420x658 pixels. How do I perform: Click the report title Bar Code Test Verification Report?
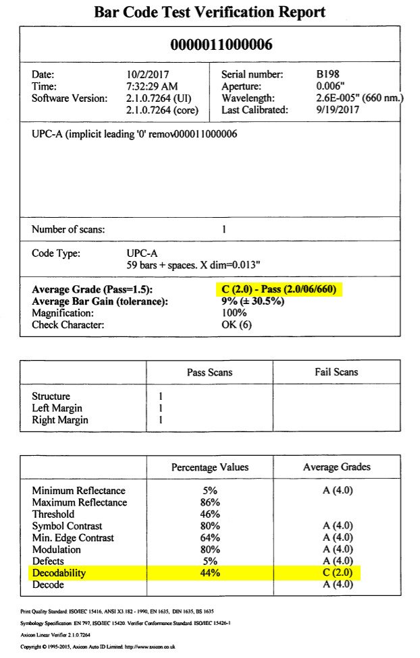tap(209, 12)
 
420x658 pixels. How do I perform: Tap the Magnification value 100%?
tap(234, 313)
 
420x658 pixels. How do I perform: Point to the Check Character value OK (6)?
tap(238, 326)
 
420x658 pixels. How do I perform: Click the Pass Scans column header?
tap(209, 372)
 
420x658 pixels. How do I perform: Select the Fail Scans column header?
tap(336, 372)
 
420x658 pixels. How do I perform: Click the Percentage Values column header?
tap(209, 467)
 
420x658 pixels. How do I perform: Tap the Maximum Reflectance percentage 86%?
tap(209, 502)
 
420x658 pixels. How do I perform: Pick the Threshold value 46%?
tap(209, 514)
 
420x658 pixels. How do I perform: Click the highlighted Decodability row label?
tap(59, 573)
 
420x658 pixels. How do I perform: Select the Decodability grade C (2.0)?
tap(336, 573)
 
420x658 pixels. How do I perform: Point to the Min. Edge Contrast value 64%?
tap(209, 537)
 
